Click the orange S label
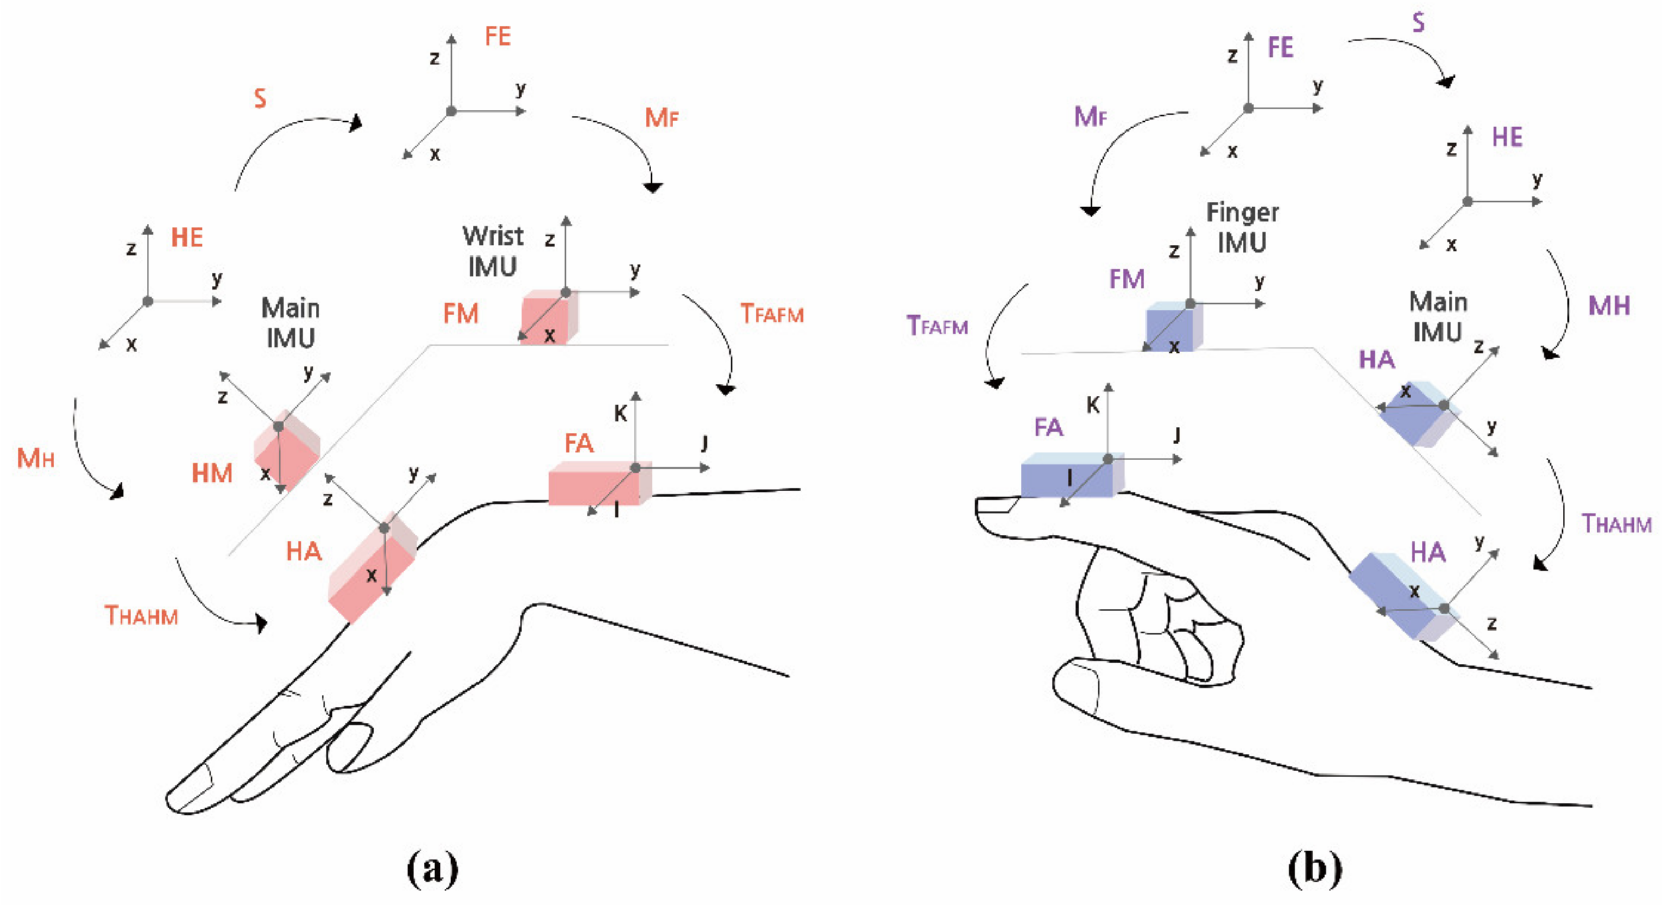pos(260,98)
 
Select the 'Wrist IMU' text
pos(492,251)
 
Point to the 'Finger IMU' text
pos(1242,227)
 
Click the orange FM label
pos(461,314)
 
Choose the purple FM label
pos(1126,279)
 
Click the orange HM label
pos(212,473)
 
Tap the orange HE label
pos(186,238)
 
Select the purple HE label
pos(1507,137)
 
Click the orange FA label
pos(579,444)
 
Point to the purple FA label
pos(1048,427)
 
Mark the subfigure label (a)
pos(432,868)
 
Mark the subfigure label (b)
pos(1314,868)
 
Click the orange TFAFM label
pos(772,314)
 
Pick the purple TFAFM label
pos(937,326)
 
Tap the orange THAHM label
pos(141,615)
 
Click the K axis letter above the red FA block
pos(620,414)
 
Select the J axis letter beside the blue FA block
pos(1176,435)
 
